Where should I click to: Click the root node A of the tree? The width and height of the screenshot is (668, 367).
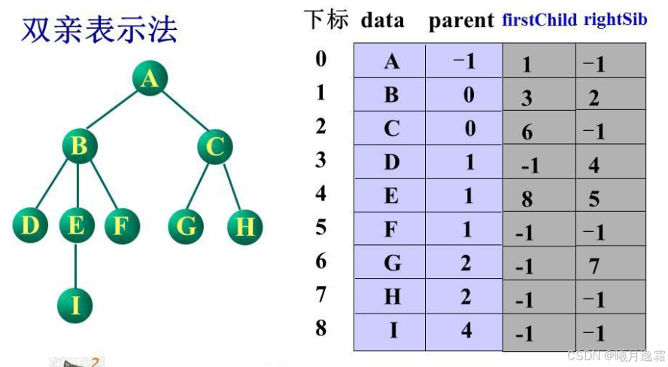tap(150, 78)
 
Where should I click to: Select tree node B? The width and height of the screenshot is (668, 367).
tap(78, 146)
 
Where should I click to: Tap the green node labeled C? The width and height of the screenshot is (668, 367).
tap(215, 146)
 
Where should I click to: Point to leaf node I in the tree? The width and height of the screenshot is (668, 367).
tap(76, 305)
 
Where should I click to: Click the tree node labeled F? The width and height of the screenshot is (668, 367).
tap(120, 225)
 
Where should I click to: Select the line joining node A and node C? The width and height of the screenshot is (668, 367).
tap(183, 112)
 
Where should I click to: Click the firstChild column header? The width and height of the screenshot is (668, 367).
tap(539, 20)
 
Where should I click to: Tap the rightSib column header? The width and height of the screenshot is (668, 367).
tap(615, 20)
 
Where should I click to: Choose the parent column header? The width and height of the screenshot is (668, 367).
tap(461, 21)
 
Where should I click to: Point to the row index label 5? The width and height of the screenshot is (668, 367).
tap(321, 227)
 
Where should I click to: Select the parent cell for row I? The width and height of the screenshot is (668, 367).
tap(465, 331)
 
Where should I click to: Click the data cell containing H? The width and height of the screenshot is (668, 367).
tap(391, 296)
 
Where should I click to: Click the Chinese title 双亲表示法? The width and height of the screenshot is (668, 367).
tap(100, 30)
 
